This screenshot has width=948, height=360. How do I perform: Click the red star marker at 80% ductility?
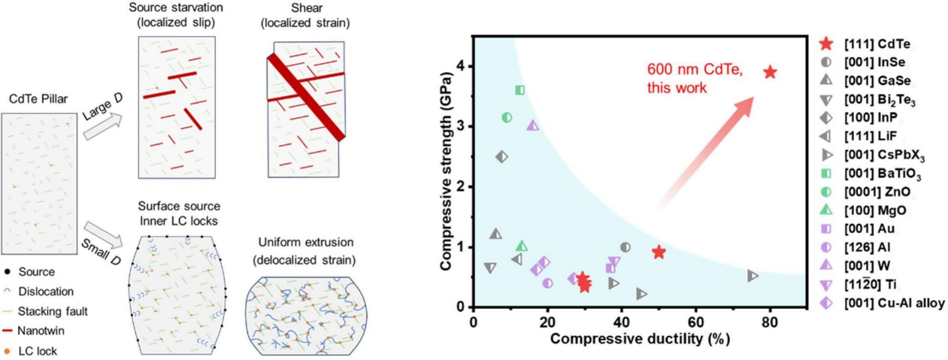click(x=769, y=72)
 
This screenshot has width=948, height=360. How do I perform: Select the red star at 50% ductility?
click(x=659, y=252)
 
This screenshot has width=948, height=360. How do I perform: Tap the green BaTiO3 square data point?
click(x=519, y=90)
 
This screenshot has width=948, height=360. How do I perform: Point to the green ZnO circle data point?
click(x=507, y=117)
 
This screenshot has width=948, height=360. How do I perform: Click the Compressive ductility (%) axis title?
click(x=640, y=339)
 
